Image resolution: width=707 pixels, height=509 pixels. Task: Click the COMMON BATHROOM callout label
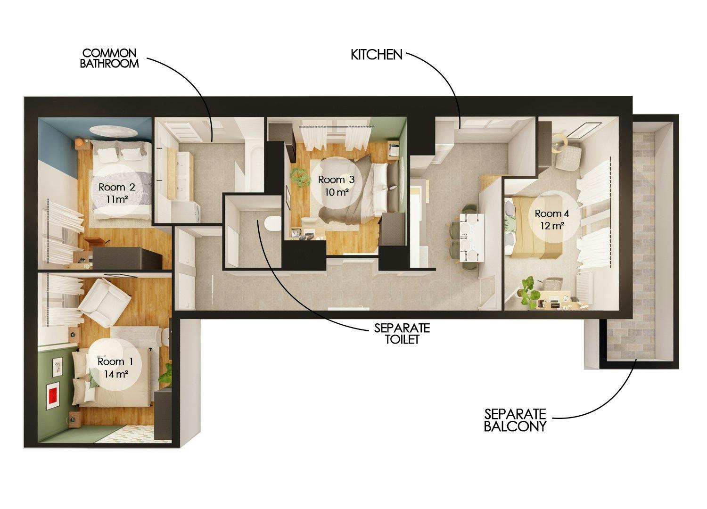coord(109,58)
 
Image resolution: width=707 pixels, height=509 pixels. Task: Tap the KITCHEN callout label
coord(376,55)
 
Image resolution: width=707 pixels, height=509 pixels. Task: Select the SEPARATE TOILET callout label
coord(402,333)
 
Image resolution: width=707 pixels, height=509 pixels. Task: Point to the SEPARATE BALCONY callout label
coord(515,420)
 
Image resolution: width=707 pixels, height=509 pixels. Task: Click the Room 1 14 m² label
coord(113,367)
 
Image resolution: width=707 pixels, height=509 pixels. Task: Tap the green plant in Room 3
coord(298,176)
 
